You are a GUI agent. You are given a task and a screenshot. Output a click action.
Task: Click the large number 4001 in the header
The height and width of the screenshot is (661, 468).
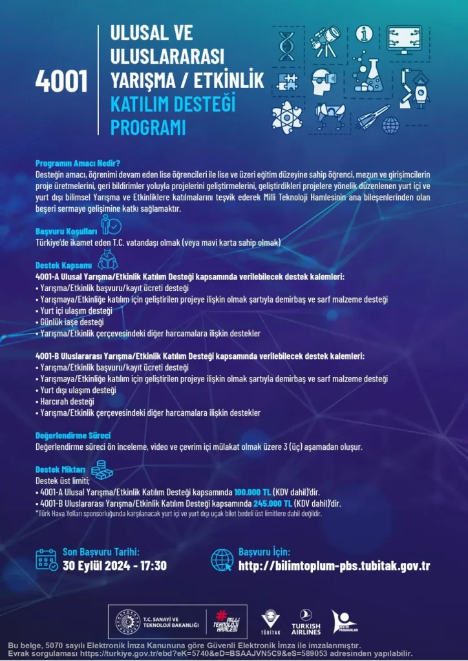pos(61,81)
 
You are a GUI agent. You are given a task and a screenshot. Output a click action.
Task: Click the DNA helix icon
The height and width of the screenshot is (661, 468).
pos(286,44)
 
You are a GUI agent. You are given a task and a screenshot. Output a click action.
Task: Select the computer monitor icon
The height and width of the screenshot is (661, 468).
pos(408,40)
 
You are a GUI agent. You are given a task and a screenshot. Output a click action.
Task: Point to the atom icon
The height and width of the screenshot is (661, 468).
pos(286,116)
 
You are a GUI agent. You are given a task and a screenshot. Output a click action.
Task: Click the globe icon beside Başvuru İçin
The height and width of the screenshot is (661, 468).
pos(222,560)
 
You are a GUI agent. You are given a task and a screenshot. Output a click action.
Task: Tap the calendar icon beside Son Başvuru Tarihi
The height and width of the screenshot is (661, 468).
pos(47,560)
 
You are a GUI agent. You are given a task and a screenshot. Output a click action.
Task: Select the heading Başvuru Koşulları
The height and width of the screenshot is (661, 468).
pos(66,230)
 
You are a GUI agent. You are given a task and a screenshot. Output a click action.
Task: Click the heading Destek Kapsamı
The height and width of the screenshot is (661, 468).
pos(63,265)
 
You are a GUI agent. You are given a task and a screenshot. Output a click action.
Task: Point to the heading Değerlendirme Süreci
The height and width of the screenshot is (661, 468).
pos(72,435)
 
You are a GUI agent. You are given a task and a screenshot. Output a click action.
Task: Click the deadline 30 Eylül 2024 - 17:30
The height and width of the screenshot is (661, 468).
pos(114,566)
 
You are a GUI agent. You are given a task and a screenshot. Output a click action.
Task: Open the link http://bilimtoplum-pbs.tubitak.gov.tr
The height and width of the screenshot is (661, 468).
pos(334,566)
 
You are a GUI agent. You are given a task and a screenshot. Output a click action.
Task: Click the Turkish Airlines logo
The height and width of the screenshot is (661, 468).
pos(306,622)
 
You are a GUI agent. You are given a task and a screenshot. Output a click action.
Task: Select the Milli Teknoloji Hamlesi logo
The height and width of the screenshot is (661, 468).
pos(226,622)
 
